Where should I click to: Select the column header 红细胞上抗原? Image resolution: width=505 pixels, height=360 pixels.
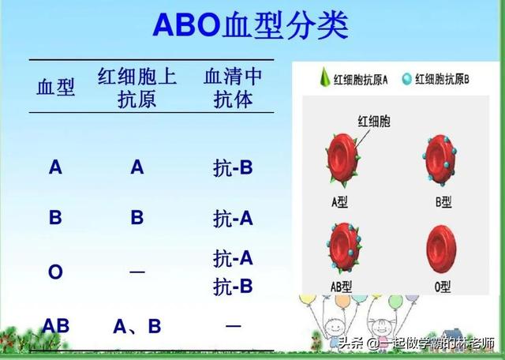[x=137, y=88]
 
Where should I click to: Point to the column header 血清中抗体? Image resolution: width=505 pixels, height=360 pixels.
[x=233, y=88]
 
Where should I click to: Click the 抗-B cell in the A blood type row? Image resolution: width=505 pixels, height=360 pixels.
[x=233, y=167]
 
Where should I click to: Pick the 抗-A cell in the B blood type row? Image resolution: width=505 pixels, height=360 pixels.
[x=233, y=219]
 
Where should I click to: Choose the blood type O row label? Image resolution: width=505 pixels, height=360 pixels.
[x=55, y=272]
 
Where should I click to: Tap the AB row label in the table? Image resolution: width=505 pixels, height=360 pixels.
[x=56, y=325]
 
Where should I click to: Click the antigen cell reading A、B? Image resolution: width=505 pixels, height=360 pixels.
[x=137, y=325]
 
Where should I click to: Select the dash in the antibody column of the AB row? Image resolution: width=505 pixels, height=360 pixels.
[x=233, y=325]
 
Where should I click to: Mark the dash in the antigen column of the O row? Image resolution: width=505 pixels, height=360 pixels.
[x=137, y=272]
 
